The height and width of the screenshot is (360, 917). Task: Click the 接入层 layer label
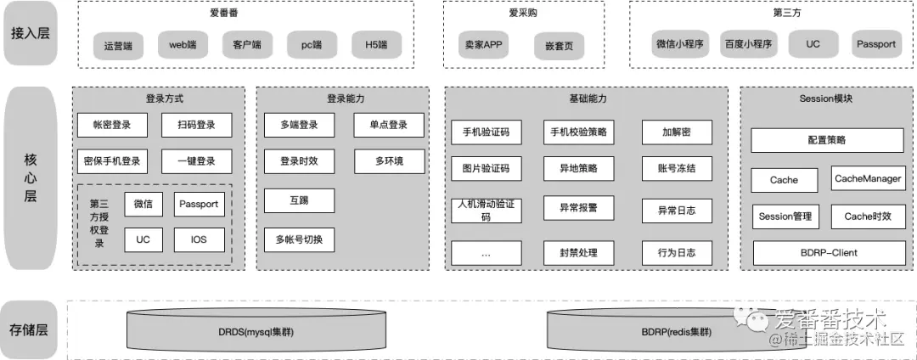click(x=30, y=34)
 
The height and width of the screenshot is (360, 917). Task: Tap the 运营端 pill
click(x=119, y=45)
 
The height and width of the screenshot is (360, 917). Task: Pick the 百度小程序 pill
click(x=748, y=44)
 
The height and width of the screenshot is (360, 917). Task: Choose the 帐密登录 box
click(x=111, y=125)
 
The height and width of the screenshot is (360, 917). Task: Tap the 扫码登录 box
click(x=196, y=125)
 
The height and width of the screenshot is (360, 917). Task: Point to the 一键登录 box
click(x=196, y=160)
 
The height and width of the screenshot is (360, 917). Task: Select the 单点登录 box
click(x=389, y=125)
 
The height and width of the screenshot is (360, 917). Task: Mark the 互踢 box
click(x=299, y=200)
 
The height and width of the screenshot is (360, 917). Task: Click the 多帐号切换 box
click(x=299, y=240)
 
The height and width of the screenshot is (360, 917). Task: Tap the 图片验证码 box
click(x=486, y=168)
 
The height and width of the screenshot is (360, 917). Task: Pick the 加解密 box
click(x=677, y=132)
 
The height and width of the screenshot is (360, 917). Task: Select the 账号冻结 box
click(x=677, y=168)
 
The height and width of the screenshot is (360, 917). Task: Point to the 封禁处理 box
click(x=578, y=253)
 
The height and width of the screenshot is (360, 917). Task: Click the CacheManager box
click(x=868, y=178)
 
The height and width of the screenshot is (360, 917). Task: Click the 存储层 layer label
click(x=30, y=330)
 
